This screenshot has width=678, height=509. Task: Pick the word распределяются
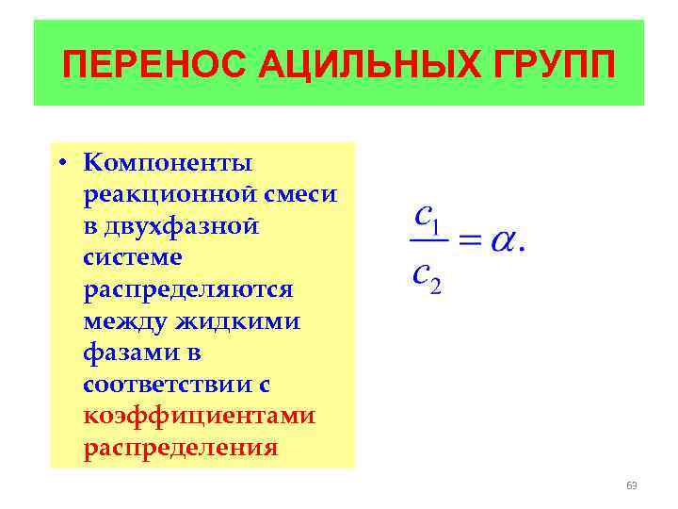click(x=188, y=289)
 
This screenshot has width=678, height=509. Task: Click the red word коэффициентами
click(x=199, y=416)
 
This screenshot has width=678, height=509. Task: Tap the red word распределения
click(x=181, y=447)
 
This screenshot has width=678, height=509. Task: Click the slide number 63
click(x=631, y=485)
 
